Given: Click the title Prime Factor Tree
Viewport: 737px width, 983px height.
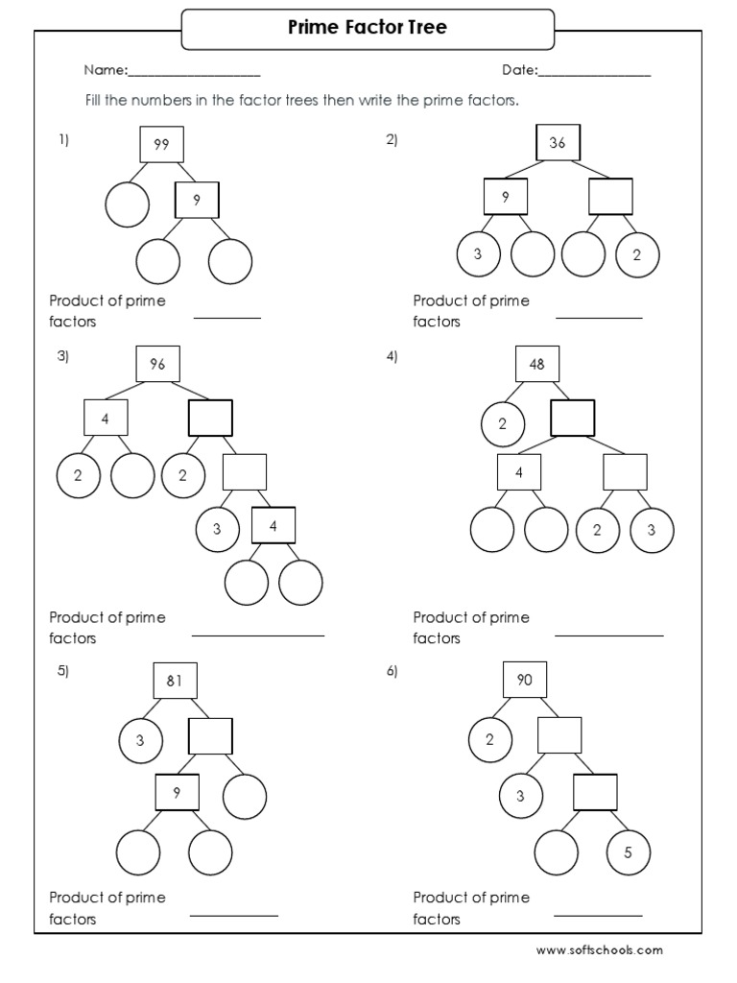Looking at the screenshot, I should (368, 29).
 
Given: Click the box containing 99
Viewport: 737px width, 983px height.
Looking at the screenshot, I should (161, 144).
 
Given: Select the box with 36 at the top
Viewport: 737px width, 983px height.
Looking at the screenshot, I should (558, 143).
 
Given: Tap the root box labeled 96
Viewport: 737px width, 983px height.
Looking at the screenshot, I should (157, 364).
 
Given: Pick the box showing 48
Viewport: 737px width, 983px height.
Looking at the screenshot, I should (536, 364).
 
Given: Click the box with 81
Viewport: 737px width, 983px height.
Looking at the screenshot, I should (175, 681).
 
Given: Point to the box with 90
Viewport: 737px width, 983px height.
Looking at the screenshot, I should (525, 681).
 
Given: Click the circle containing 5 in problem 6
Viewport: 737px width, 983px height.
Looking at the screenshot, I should (630, 852).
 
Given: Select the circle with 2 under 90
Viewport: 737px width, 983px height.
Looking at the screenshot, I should (490, 739).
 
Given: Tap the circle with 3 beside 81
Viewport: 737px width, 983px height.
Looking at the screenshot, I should (140, 739).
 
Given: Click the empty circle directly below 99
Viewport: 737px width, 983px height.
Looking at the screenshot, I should (128, 204).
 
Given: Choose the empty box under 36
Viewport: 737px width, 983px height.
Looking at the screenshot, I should (610, 197).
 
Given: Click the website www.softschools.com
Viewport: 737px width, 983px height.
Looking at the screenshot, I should (599, 950).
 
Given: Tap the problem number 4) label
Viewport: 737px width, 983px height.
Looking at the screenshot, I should (392, 356).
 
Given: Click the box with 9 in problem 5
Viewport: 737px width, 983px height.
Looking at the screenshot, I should (178, 793).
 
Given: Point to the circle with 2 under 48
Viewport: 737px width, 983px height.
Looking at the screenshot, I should (502, 424).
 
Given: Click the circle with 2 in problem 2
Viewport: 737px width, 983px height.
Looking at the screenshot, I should (637, 254).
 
